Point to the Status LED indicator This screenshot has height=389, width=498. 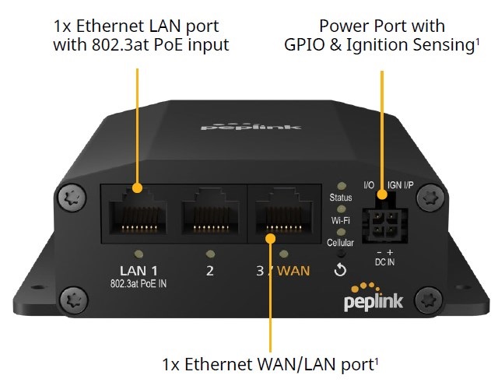(340, 187)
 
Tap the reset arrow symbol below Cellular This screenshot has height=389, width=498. (340, 270)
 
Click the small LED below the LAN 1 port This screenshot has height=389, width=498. (139, 253)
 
